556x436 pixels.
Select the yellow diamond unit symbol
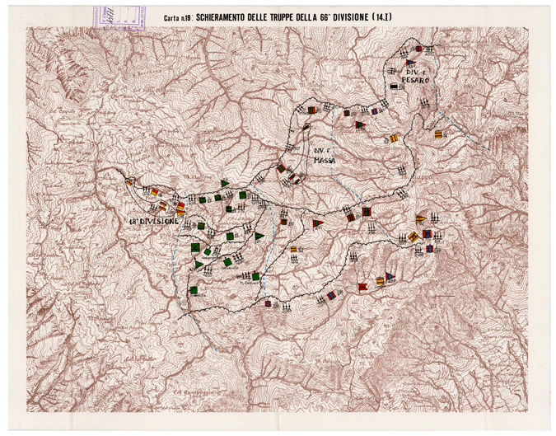click(413, 237)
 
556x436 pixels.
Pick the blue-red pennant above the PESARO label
click(409, 63)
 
